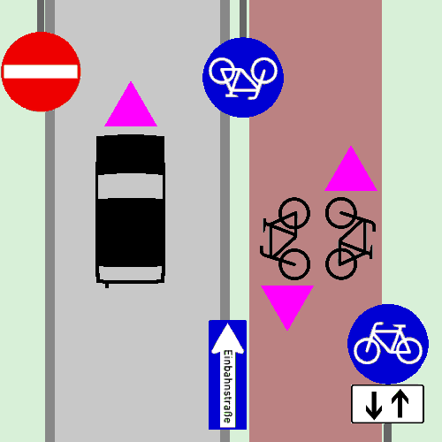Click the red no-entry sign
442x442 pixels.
point(41,72)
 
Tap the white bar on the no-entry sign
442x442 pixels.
point(41,72)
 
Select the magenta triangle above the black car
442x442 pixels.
point(131,104)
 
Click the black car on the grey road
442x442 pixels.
point(130,210)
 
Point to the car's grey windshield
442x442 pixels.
point(130,187)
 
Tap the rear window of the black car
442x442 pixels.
point(130,272)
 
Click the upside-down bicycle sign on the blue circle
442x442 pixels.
point(243,78)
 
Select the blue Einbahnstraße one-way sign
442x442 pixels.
point(227,375)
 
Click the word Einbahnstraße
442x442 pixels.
point(228,386)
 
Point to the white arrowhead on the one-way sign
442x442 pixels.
point(228,338)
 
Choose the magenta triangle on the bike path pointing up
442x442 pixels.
point(351,168)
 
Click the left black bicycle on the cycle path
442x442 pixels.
point(285,239)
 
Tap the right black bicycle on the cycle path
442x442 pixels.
point(350,239)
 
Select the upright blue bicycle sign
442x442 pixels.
point(388,344)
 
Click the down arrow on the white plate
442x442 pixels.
point(374,405)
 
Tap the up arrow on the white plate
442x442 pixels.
point(400,403)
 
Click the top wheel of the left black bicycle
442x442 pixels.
point(294,213)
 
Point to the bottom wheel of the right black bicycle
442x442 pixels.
point(341,264)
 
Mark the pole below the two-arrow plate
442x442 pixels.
point(387,432)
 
